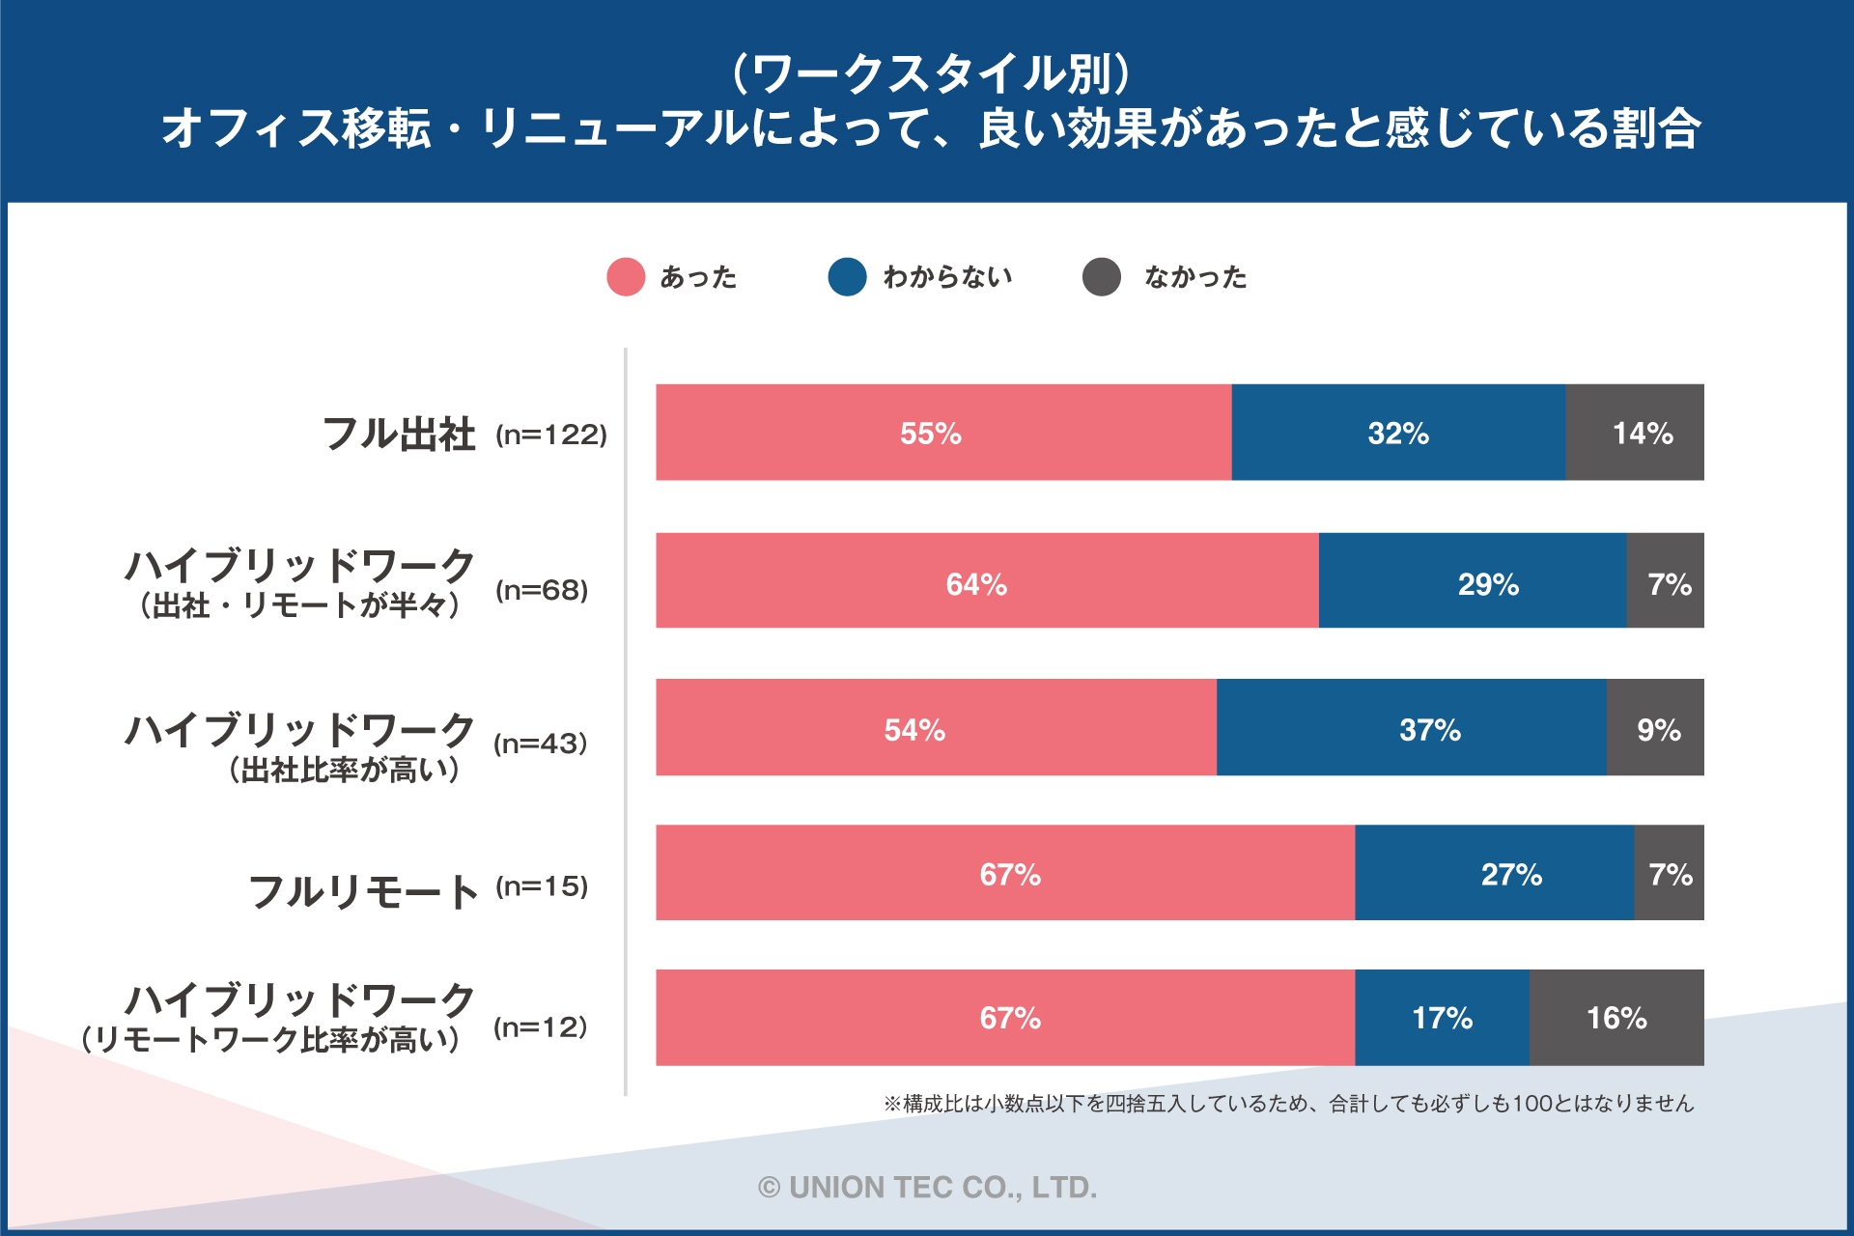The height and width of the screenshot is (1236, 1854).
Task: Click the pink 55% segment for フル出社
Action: [x=943, y=432]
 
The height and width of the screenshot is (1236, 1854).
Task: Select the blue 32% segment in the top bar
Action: [x=1398, y=432]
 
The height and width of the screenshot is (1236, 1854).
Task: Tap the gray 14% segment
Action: [x=1634, y=432]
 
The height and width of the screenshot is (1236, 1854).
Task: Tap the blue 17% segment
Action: [x=1442, y=1017]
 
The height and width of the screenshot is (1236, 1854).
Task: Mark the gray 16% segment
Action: [x=1616, y=1017]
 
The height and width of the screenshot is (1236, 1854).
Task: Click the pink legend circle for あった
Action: [x=626, y=277]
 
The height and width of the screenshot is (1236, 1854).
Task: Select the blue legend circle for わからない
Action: [x=847, y=277]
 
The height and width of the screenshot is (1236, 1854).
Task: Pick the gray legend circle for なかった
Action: [x=1101, y=277]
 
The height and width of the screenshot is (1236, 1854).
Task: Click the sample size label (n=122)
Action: [x=551, y=435]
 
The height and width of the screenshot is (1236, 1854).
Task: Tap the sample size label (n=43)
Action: [x=541, y=744]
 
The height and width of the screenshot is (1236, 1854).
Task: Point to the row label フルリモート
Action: [x=363, y=890]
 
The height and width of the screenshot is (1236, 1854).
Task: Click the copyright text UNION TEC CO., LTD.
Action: [x=927, y=1187]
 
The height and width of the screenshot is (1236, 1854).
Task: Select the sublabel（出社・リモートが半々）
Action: [x=299, y=606]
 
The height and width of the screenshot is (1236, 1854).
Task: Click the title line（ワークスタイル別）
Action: [x=930, y=72]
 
